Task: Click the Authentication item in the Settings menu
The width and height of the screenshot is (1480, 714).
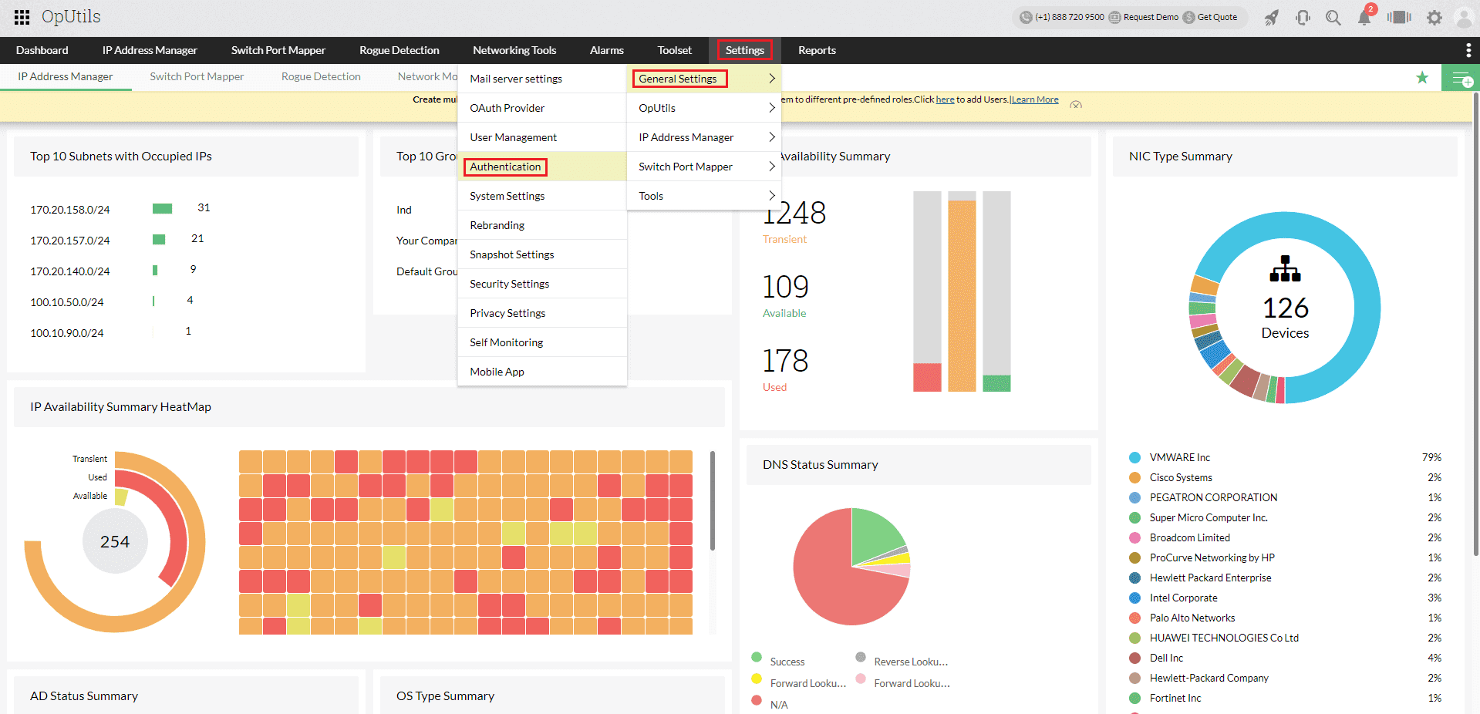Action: click(505, 167)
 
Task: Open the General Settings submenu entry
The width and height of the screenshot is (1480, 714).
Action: click(678, 79)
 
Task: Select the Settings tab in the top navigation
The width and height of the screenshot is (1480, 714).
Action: click(744, 50)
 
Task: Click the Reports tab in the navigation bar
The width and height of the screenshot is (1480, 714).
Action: click(817, 50)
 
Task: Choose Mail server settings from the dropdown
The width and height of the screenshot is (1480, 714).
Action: click(516, 79)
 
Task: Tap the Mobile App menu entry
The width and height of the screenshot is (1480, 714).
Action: click(497, 372)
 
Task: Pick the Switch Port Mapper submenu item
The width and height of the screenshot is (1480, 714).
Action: click(686, 167)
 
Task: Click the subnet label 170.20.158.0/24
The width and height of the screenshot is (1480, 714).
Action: click(70, 210)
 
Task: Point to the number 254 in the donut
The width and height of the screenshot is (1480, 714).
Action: click(115, 542)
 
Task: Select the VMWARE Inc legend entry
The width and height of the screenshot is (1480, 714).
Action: click(1179, 457)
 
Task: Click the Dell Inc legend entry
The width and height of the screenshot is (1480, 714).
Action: click(1166, 658)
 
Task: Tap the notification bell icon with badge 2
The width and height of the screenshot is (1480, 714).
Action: click(1364, 18)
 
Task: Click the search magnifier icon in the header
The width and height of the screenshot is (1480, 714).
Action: click(1333, 18)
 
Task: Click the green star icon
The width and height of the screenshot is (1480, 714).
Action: click(1422, 77)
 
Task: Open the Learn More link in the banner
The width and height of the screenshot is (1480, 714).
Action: click(1035, 99)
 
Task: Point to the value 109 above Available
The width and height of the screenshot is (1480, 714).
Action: click(785, 287)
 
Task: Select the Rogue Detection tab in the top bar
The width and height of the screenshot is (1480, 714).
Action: click(399, 50)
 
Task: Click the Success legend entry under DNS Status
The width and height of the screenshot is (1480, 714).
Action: click(787, 662)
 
